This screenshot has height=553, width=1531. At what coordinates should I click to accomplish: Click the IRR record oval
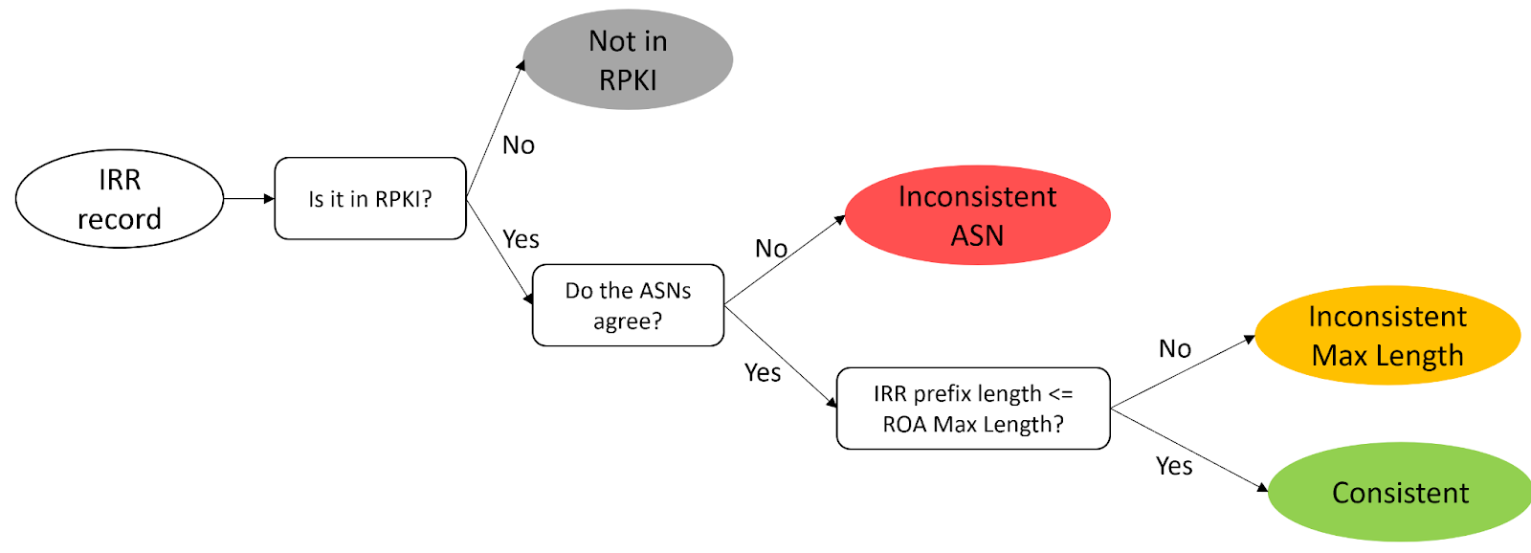click(120, 198)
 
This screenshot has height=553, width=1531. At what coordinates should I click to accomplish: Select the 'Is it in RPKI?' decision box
click(369, 199)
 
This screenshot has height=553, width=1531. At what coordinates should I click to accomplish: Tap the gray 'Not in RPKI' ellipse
click(628, 59)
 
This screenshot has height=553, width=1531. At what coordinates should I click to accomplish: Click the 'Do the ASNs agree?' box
click(628, 305)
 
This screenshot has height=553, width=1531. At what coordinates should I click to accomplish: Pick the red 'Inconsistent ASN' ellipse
click(977, 215)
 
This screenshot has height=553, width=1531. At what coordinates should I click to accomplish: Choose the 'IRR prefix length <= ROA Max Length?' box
click(973, 409)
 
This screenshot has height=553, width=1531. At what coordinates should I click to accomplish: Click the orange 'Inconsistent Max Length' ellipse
click(1387, 336)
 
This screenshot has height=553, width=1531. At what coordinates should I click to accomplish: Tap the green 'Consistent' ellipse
click(1399, 493)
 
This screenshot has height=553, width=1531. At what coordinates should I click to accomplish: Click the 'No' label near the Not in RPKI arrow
click(519, 145)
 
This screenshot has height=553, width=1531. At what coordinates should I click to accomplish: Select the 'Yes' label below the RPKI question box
click(521, 239)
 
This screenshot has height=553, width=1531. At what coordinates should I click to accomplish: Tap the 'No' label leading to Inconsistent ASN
click(771, 249)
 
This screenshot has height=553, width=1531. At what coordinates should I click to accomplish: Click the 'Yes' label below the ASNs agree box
click(763, 373)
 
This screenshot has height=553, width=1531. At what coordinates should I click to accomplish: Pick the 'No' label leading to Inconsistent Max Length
click(1175, 349)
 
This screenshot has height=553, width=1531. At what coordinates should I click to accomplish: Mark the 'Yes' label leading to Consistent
click(1174, 466)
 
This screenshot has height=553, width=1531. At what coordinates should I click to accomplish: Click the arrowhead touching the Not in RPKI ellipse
click(521, 66)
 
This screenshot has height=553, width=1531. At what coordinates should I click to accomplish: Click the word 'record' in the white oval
click(120, 219)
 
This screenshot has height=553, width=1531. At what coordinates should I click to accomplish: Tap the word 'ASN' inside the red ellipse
click(977, 235)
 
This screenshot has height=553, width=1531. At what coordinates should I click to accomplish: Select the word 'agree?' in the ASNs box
click(628, 321)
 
